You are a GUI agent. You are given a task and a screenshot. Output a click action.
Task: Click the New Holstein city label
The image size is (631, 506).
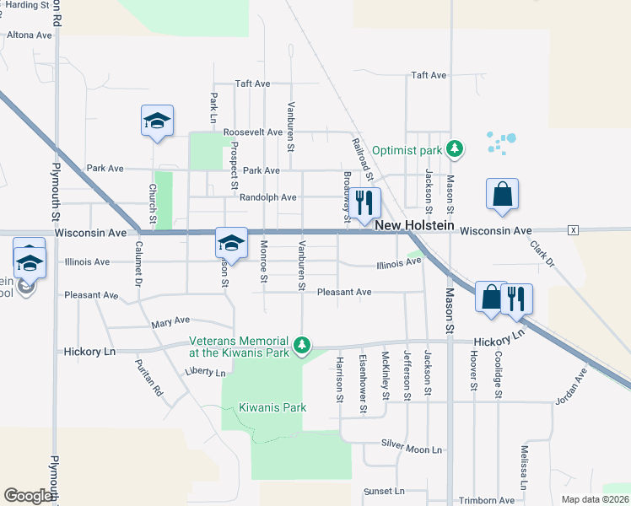(414, 226)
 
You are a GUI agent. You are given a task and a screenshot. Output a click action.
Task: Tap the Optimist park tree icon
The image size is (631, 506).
(456, 149)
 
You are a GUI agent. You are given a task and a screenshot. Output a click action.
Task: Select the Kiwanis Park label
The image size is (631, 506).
(272, 407)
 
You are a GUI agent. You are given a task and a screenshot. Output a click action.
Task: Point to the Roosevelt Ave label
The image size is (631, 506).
(252, 132)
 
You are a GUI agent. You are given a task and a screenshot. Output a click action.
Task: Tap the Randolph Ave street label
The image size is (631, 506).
(267, 197)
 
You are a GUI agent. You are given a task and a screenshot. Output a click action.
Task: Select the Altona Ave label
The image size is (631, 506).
(30, 35)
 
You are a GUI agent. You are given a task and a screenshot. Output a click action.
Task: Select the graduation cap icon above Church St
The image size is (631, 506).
(157, 121)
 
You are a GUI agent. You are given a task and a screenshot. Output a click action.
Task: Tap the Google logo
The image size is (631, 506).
(28, 496)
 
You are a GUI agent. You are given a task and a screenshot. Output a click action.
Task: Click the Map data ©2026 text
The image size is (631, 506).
(595, 499)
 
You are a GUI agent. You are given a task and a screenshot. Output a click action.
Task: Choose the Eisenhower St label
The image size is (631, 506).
(363, 383)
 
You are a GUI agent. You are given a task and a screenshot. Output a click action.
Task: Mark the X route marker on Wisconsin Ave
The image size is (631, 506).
(574, 230)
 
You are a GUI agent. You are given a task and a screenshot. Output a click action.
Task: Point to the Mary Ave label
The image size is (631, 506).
(170, 321)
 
